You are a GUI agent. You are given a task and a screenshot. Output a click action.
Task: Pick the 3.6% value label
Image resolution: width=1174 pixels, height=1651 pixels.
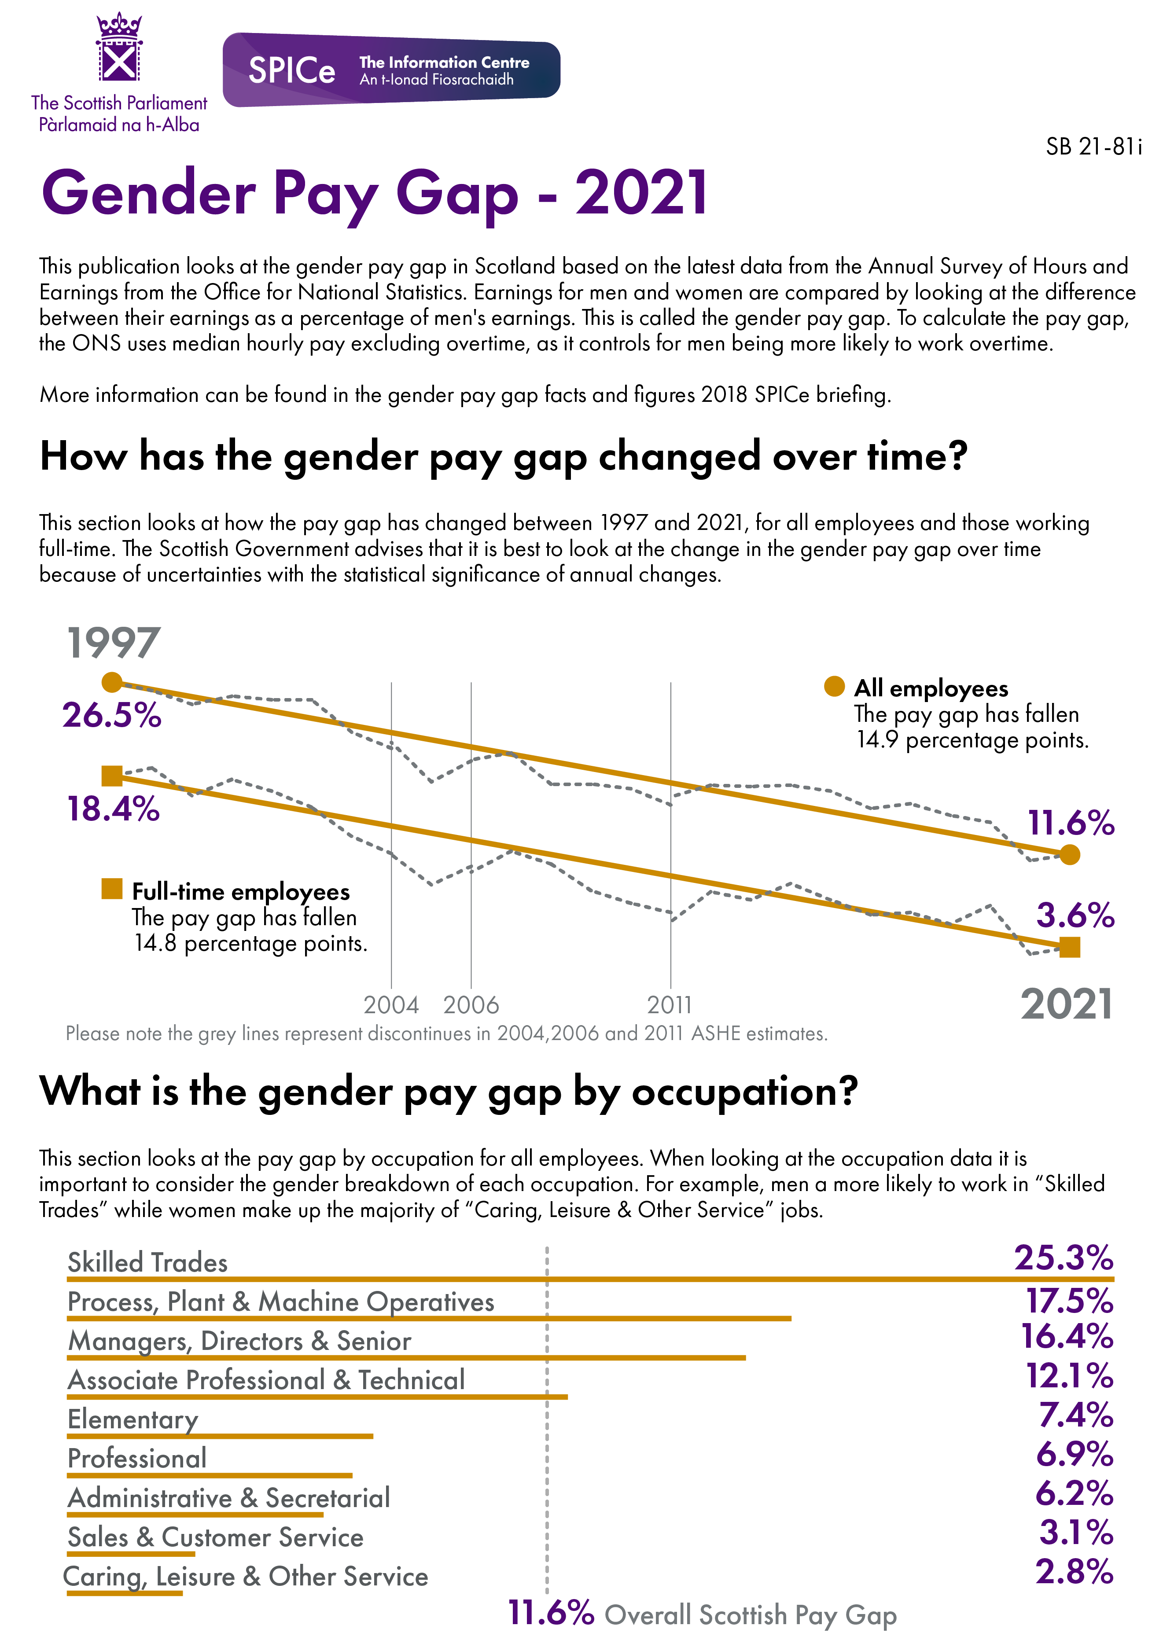tap(1075, 916)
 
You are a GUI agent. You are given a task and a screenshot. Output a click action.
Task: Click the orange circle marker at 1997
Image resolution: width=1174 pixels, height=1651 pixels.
tap(112, 682)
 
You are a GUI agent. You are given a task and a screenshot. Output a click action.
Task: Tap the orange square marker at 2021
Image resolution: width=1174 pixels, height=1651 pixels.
tap(1069, 947)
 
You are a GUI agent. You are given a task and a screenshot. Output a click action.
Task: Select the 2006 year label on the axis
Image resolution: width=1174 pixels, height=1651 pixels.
tap(471, 1005)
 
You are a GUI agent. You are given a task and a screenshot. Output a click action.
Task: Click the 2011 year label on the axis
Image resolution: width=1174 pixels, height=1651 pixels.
tap(670, 1005)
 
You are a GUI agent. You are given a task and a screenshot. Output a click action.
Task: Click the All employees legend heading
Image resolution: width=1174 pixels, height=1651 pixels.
tap(931, 688)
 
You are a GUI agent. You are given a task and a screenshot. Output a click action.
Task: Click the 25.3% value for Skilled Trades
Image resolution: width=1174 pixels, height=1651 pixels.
tap(1063, 1258)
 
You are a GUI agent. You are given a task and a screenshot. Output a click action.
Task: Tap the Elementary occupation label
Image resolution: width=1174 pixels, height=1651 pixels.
tap(132, 1419)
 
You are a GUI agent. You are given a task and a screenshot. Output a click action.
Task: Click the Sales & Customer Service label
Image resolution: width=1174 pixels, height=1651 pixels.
tap(215, 1537)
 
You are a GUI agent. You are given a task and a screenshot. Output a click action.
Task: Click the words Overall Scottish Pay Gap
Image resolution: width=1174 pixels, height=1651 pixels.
tap(750, 1615)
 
